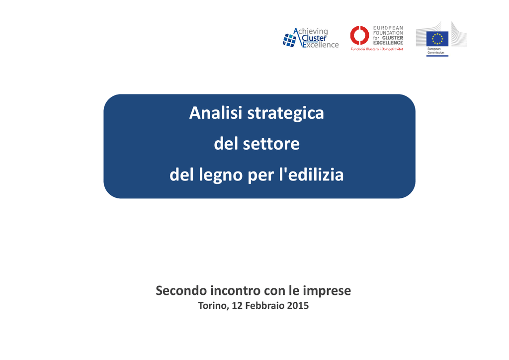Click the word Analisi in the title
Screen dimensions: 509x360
click(x=216, y=113)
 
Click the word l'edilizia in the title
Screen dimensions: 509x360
click(x=311, y=175)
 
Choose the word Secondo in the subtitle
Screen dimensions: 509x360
click(x=181, y=290)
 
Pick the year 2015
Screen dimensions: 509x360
click(x=298, y=306)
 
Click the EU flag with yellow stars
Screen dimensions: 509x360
click(x=437, y=39)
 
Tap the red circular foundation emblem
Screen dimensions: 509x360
click(x=359, y=35)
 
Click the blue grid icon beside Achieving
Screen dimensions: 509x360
click(x=290, y=40)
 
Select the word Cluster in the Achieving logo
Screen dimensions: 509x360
click(x=314, y=38)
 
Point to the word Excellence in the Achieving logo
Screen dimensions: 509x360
click(x=321, y=45)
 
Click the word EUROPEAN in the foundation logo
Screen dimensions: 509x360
click(x=388, y=28)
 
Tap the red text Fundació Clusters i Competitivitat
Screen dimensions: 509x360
click(x=377, y=49)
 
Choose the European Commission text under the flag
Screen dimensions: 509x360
click(x=435, y=51)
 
